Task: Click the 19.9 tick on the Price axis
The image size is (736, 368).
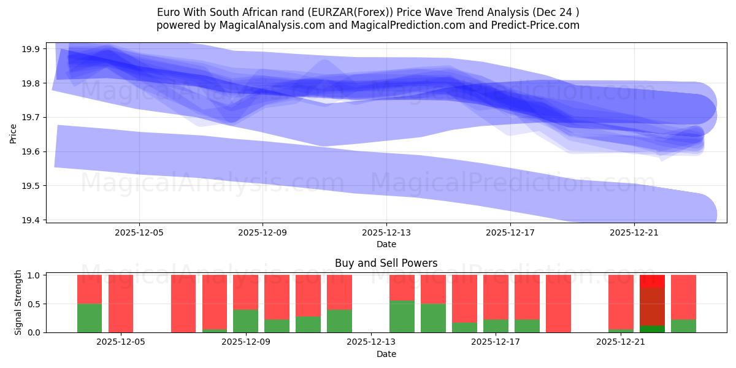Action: [33, 49]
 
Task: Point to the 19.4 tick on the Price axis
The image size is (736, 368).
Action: [33, 220]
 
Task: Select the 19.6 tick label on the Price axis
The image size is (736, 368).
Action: [33, 151]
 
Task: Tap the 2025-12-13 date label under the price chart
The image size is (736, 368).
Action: [386, 233]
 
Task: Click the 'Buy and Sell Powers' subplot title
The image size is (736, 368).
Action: [386, 263]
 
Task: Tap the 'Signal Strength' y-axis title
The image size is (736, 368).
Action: [18, 302]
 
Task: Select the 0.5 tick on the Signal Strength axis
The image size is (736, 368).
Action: [34, 304]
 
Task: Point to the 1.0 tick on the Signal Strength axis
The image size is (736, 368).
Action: [34, 275]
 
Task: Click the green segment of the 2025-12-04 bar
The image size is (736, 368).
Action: [90, 318]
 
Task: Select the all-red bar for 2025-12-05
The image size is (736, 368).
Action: [121, 304]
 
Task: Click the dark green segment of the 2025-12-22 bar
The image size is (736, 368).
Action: [652, 329]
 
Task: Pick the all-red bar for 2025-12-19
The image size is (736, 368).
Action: [558, 304]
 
